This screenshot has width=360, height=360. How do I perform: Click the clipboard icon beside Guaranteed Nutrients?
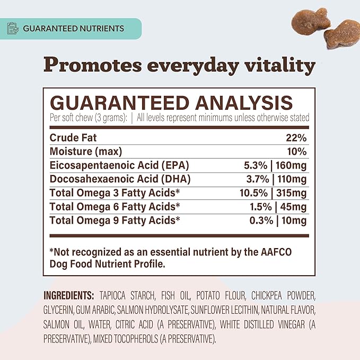pyautogui.click(x=13, y=28)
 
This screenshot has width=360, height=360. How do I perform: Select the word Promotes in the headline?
pyautogui.click(x=93, y=65)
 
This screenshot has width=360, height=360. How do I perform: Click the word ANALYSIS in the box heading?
pyautogui.click(x=244, y=103)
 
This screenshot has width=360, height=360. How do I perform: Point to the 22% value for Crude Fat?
pyautogui.click(x=296, y=138)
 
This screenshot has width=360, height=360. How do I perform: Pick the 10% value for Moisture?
pyautogui.click(x=297, y=152)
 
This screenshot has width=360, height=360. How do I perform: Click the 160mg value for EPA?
pyautogui.click(x=291, y=165)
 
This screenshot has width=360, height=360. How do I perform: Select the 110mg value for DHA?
pyautogui.click(x=292, y=179)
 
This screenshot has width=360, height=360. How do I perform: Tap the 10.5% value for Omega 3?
pyautogui.click(x=254, y=193)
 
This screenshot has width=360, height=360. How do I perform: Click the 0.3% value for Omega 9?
pyautogui.click(x=261, y=221)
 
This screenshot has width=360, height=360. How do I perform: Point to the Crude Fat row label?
pyautogui.click(x=73, y=138)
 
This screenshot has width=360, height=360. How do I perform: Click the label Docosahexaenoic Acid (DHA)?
pyautogui.click(x=120, y=179)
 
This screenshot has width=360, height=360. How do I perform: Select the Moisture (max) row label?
pyautogui.click(x=86, y=152)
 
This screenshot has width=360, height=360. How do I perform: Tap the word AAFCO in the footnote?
pyautogui.click(x=276, y=252)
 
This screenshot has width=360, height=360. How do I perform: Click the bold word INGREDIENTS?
pyautogui.click(x=68, y=295)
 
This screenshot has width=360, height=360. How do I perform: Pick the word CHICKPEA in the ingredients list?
pyautogui.click(x=266, y=295)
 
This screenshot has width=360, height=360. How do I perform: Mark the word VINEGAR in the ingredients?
pyautogui.click(x=292, y=324)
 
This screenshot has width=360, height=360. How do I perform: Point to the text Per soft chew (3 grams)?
pyautogui.click(x=89, y=118)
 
